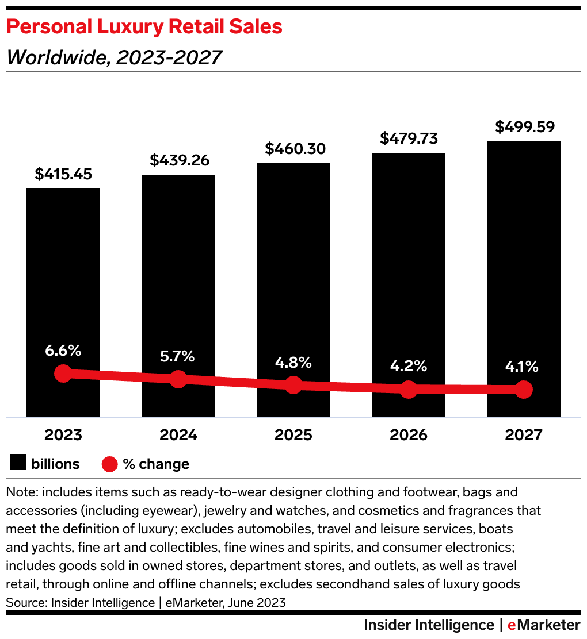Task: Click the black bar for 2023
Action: coord(63,276)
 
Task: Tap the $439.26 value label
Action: coord(178,160)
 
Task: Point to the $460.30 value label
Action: coord(293,149)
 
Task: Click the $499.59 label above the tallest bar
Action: coord(524,126)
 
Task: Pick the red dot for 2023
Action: coord(63,374)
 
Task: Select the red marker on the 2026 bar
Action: coord(409,389)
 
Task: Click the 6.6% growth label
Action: coord(63,350)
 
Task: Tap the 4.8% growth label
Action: coord(293,363)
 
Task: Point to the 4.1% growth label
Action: coord(524,366)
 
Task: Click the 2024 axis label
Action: coord(178,435)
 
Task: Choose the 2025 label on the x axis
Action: coord(293,435)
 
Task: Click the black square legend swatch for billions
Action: coord(18,464)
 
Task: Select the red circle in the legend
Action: coord(110,464)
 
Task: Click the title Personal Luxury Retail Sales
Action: coord(144,27)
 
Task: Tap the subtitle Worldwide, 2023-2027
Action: coord(113,57)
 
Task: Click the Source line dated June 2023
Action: coord(146,603)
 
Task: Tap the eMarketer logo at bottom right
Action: coord(544,625)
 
